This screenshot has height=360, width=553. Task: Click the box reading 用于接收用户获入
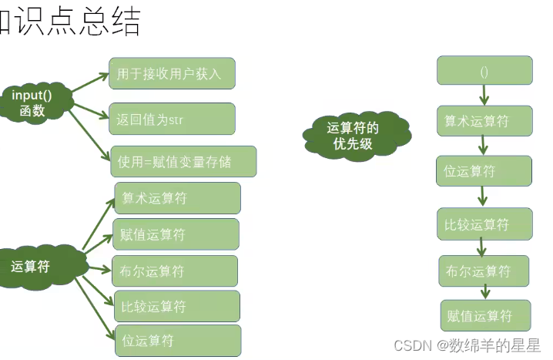(172, 74)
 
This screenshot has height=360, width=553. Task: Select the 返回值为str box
(172, 119)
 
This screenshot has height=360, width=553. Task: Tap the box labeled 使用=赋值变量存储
(183, 162)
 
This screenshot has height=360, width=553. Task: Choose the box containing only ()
(484, 71)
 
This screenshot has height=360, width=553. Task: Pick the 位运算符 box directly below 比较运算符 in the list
(177, 341)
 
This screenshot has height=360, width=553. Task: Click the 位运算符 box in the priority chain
(484, 171)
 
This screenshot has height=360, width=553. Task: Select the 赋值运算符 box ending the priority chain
(485, 316)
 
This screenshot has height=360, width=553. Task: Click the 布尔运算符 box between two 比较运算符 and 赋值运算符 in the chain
(484, 271)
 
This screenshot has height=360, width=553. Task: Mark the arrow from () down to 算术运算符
(484, 96)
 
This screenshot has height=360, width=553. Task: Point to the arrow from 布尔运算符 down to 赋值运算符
(486, 292)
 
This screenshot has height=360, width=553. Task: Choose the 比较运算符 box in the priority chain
(484, 224)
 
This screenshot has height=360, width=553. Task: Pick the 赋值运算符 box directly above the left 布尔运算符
(176, 234)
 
